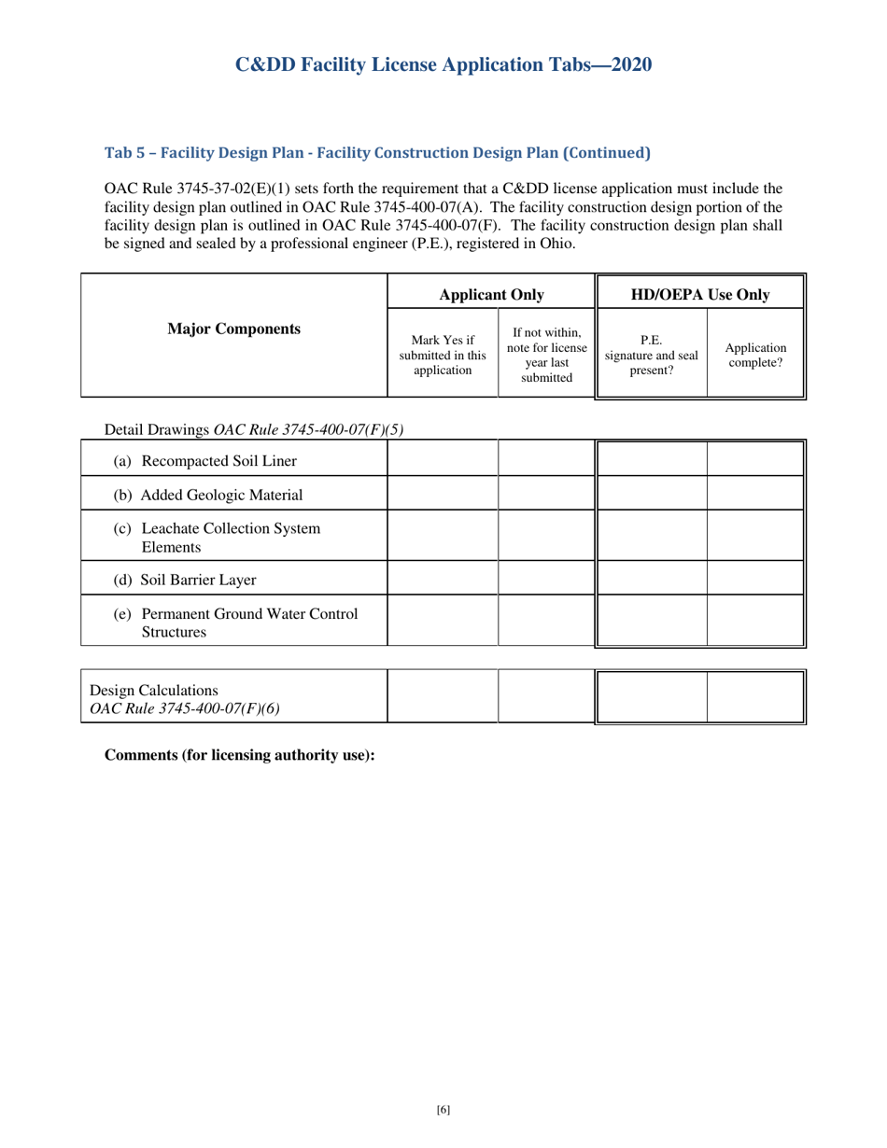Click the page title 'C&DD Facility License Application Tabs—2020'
coord(443,64)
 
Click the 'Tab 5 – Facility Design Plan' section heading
coord(377,152)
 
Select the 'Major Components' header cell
coord(233,329)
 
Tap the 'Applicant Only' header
coord(491,295)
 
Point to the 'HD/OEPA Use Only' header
coord(700,295)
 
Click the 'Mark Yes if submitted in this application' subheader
coord(443,355)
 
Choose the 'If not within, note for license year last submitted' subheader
coord(546,355)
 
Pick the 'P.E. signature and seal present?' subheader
coord(652,355)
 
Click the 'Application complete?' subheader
coord(755,355)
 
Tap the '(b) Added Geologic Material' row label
coord(208,495)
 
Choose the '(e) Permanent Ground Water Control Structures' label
coord(235,623)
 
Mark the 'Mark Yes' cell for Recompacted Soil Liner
coord(443,459)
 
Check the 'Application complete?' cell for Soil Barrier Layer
coord(755,579)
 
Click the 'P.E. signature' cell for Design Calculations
coord(652,696)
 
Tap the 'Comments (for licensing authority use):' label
coord(240,755)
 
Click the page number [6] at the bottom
coord(443,1110)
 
